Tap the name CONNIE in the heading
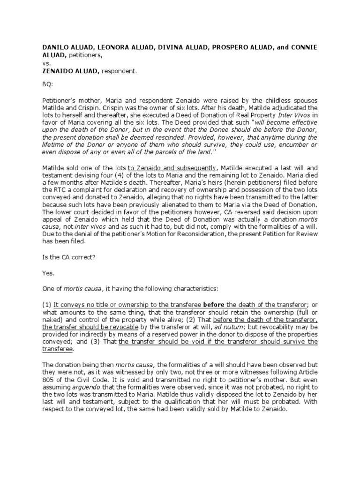pyautogui.click(x=305, y=48)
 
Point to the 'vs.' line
pyautogui.click(x=47, y=63)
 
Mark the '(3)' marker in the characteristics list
pyautogui.click(x=95, y=342)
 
